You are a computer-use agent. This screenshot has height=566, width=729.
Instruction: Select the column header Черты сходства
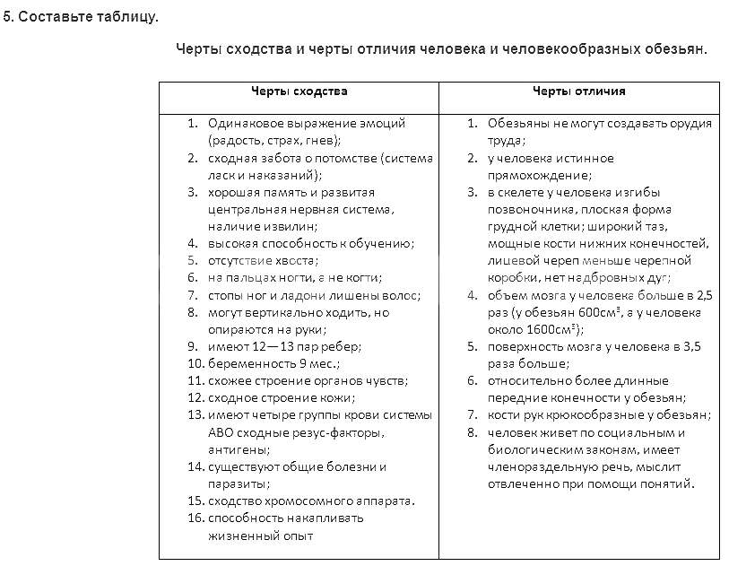(x=299, y=91)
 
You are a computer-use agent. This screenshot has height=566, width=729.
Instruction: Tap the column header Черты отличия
(x=579, y=91)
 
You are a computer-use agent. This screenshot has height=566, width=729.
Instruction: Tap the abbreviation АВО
(x=220, y=433)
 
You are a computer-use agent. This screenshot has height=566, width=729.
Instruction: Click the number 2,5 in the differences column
(x=704, y=295)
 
